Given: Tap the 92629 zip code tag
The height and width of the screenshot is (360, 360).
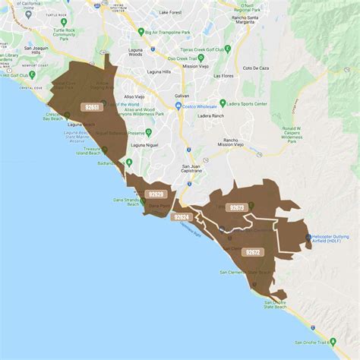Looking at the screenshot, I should click(156, 194).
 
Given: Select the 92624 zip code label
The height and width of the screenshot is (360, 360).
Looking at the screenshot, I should click(182, 217).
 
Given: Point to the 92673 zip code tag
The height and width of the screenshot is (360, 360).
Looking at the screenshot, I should click(236, 207).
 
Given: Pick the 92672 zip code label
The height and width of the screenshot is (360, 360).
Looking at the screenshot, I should click(252, 251).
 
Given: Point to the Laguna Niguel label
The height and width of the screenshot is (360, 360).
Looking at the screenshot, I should click(143, 144).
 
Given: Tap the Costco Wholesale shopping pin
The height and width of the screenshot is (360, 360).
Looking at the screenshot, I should click(178, 106).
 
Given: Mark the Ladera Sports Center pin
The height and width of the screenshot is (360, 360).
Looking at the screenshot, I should click(223, 103).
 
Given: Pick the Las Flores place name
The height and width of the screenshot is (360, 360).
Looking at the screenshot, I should click(223, 76).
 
